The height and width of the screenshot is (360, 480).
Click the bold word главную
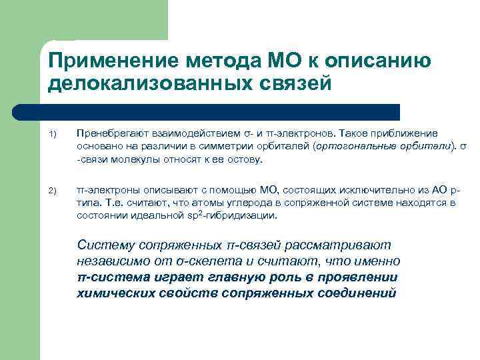pyautogui.click(x=221, y=277)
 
